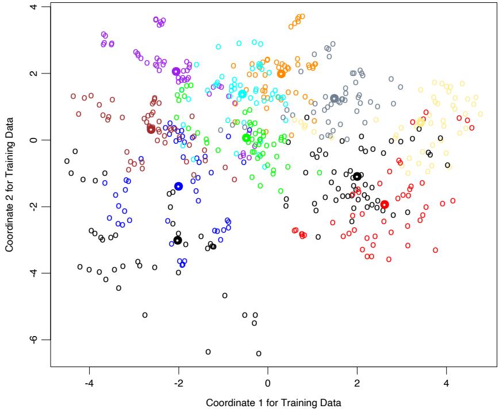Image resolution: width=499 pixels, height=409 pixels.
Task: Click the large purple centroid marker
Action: coord(176,71)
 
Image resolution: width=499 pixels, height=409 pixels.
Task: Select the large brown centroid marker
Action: coord(151,129)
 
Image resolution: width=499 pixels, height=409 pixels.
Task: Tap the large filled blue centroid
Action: coord(178,186)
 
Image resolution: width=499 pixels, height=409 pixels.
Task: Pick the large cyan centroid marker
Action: coord(242,94)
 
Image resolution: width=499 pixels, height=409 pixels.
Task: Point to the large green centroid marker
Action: coord(246,138)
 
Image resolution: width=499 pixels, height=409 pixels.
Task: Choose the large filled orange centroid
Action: coord(281,74)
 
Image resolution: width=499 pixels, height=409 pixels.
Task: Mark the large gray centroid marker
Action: coord(334,98)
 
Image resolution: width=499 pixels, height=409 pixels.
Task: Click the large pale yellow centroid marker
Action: coord(421,122)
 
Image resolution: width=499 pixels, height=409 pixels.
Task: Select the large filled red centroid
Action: coord(385,204)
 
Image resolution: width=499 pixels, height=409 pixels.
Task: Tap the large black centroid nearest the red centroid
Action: coord(357,176)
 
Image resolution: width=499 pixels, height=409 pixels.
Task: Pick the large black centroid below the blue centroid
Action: coord(178,240)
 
